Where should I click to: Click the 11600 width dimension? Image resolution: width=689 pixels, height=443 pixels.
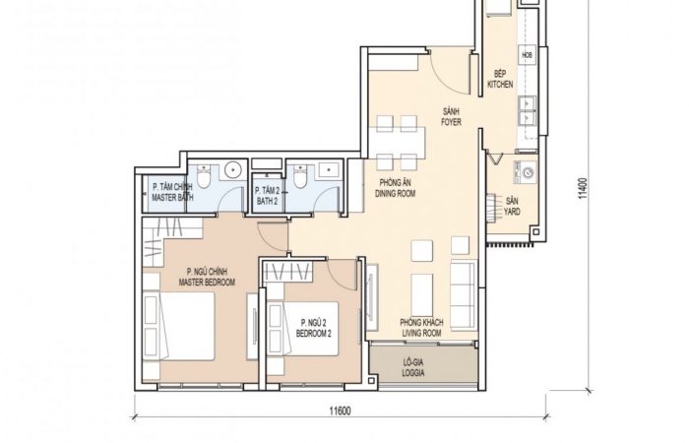point(341,411)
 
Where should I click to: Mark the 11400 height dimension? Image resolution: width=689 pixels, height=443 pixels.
point(583,188)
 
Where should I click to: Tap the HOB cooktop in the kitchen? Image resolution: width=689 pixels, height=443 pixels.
point(528,55)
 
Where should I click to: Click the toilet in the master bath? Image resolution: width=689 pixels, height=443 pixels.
point(204,176)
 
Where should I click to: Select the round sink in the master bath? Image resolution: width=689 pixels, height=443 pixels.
point(233,170)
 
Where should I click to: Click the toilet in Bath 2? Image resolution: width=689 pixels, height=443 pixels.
point(300,176)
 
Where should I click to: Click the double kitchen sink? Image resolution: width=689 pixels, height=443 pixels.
point(528,111)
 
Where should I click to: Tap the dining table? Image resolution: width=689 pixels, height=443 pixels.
point(397,143)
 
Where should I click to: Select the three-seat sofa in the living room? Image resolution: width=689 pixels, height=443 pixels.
point(464,294)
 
